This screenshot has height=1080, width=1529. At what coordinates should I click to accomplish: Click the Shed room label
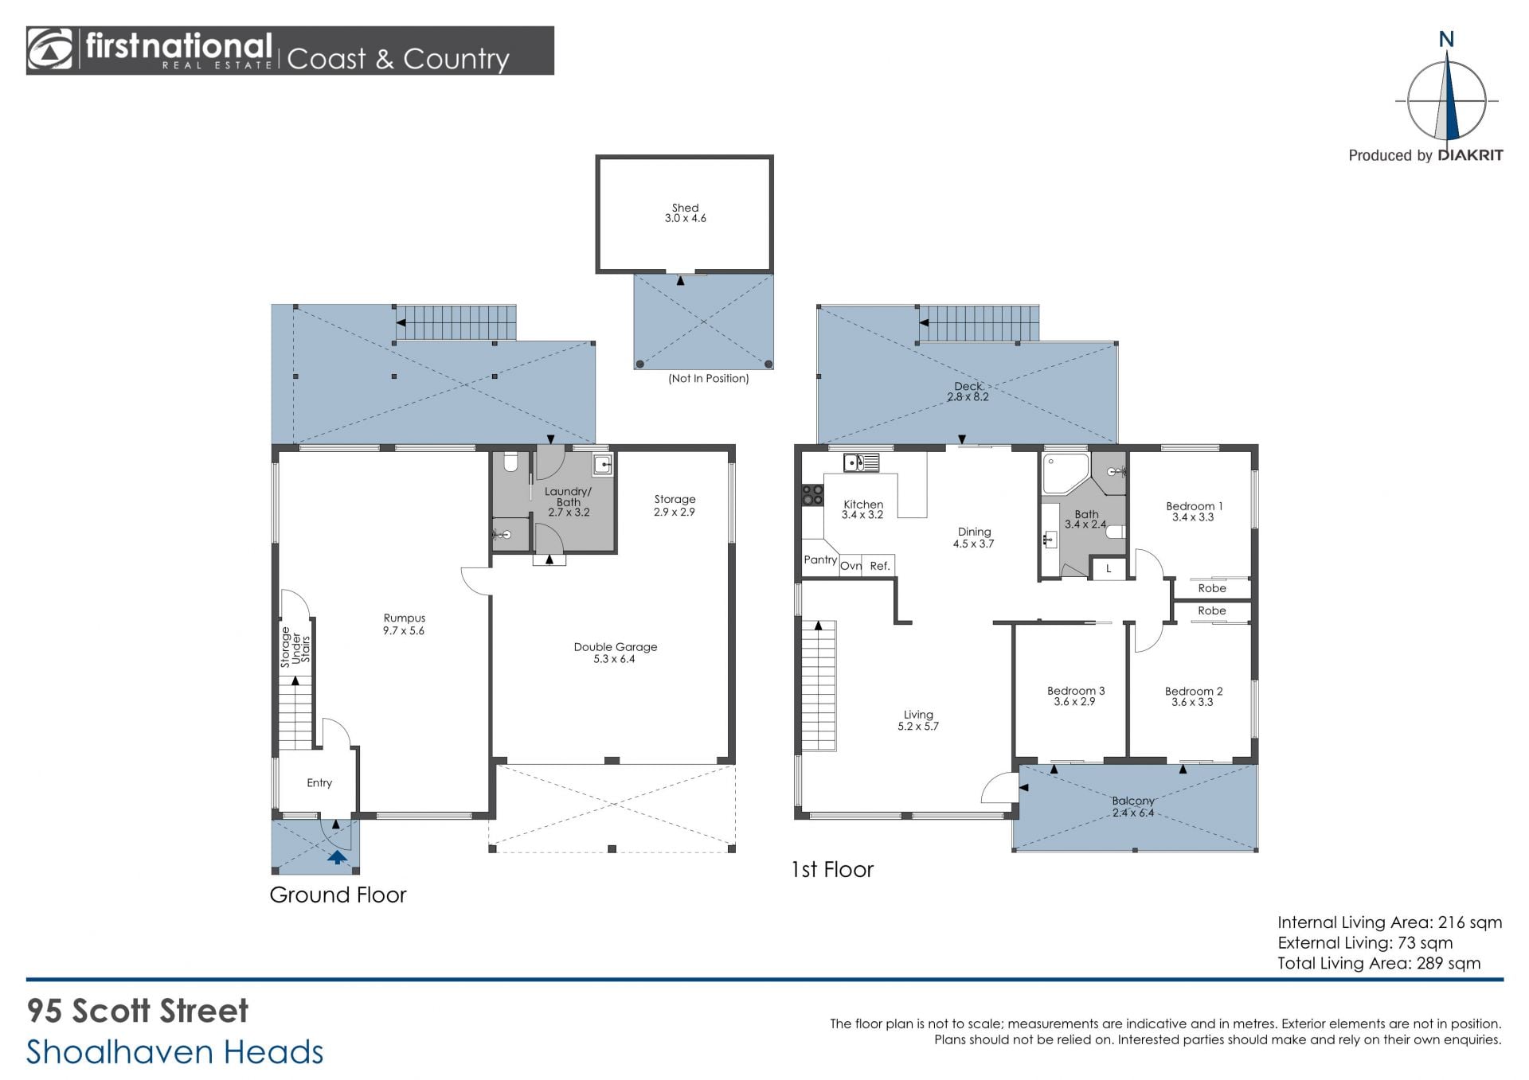point(686,212)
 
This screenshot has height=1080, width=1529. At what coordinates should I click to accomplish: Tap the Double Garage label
point(616,653)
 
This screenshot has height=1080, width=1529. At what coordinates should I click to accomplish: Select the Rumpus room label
point(405,624)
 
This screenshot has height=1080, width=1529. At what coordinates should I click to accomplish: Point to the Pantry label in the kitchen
point(820,559)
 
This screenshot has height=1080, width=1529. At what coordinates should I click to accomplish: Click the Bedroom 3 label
point(1076,696)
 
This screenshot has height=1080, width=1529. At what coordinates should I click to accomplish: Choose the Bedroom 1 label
point(1194,511)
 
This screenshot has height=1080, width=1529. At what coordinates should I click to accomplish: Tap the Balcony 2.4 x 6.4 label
point(1133,806)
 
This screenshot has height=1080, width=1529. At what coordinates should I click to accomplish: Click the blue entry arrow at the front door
point(337,857)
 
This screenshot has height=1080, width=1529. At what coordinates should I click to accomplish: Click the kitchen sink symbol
point(861,462)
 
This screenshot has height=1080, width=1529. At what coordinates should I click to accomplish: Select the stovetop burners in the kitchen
point(813,495)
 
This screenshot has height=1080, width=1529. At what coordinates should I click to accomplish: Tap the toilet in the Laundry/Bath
point(512,462)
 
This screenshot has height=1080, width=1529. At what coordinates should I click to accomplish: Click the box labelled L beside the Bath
point(1109,568)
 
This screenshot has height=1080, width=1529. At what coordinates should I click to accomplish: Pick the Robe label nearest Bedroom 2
point(1212,610)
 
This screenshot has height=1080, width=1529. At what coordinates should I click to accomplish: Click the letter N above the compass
point(1446,39)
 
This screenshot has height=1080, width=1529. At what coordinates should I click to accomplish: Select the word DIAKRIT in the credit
point(1470,155)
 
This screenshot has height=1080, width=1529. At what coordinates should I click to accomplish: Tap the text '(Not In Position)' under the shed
point(709,379)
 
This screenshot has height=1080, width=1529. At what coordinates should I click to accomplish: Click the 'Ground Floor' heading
point(338,895)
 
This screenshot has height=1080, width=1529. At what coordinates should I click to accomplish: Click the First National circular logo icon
point(50,50)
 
